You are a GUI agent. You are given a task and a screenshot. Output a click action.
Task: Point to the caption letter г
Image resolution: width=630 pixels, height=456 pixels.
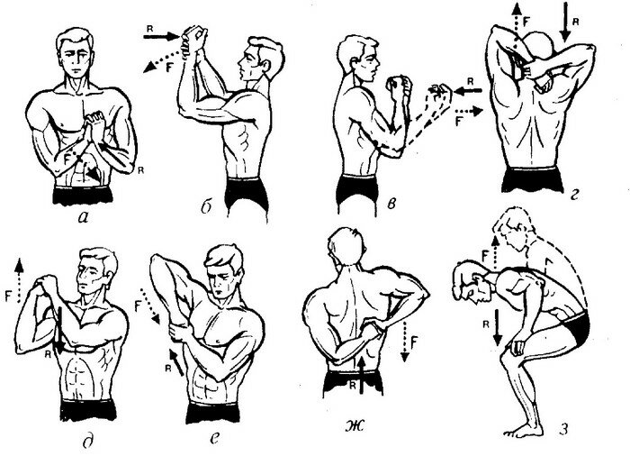575,196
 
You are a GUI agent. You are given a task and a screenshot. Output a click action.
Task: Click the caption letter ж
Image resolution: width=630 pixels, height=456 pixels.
355,426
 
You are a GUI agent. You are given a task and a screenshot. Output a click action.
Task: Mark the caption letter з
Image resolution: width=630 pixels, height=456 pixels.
564,429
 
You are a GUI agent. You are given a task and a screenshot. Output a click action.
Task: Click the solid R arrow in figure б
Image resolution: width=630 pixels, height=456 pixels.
161,37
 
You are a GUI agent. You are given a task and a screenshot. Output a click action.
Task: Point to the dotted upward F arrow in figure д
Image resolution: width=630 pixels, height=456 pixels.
19,281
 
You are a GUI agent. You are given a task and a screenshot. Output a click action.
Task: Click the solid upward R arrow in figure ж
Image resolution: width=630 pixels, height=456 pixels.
363,375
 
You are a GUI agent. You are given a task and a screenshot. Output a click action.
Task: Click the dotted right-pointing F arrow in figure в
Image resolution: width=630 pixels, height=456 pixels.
469,111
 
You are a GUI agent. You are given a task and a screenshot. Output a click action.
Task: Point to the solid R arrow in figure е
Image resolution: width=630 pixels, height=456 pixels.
175,362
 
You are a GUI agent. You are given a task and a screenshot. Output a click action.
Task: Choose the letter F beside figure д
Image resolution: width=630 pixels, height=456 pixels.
8,296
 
